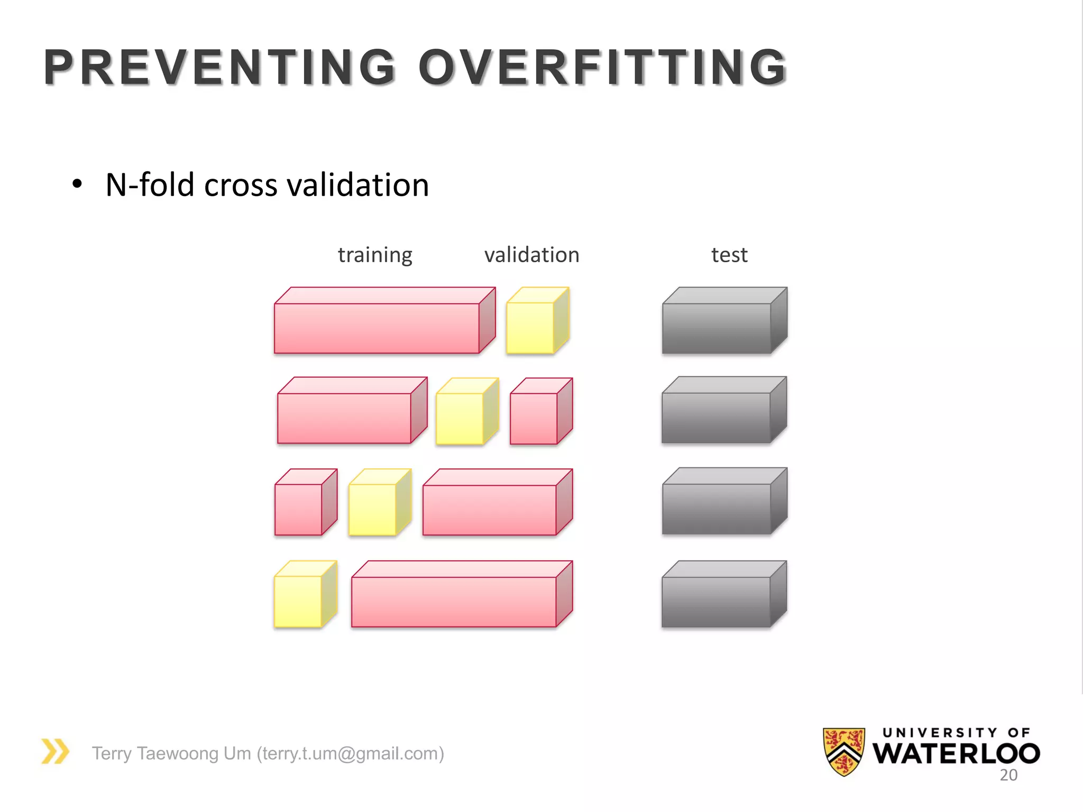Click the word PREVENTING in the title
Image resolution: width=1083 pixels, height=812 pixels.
220,67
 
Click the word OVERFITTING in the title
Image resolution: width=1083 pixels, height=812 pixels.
603,67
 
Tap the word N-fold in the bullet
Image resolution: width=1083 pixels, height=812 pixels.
150,185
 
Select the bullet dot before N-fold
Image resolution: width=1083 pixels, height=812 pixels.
78,184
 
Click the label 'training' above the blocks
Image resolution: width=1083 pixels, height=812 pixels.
375,255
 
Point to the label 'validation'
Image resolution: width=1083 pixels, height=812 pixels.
531,255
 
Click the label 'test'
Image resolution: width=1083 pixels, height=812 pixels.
729,255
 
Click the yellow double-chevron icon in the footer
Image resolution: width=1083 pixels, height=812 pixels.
56,751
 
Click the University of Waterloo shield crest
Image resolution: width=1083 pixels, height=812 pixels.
844,751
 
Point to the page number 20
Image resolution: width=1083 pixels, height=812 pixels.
1008,775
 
